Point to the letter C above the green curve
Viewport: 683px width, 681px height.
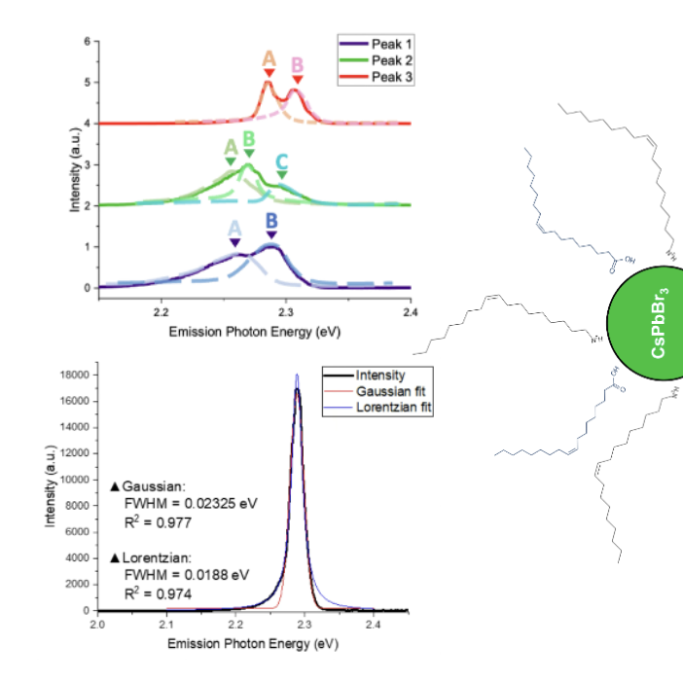pos(281,161)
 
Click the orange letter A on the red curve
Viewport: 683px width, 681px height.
pos(269,59)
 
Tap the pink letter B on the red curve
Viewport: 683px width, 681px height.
pos(298,65)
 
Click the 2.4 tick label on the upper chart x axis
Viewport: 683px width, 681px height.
pos(410,313)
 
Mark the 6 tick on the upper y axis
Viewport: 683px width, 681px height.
pos(87,42)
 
